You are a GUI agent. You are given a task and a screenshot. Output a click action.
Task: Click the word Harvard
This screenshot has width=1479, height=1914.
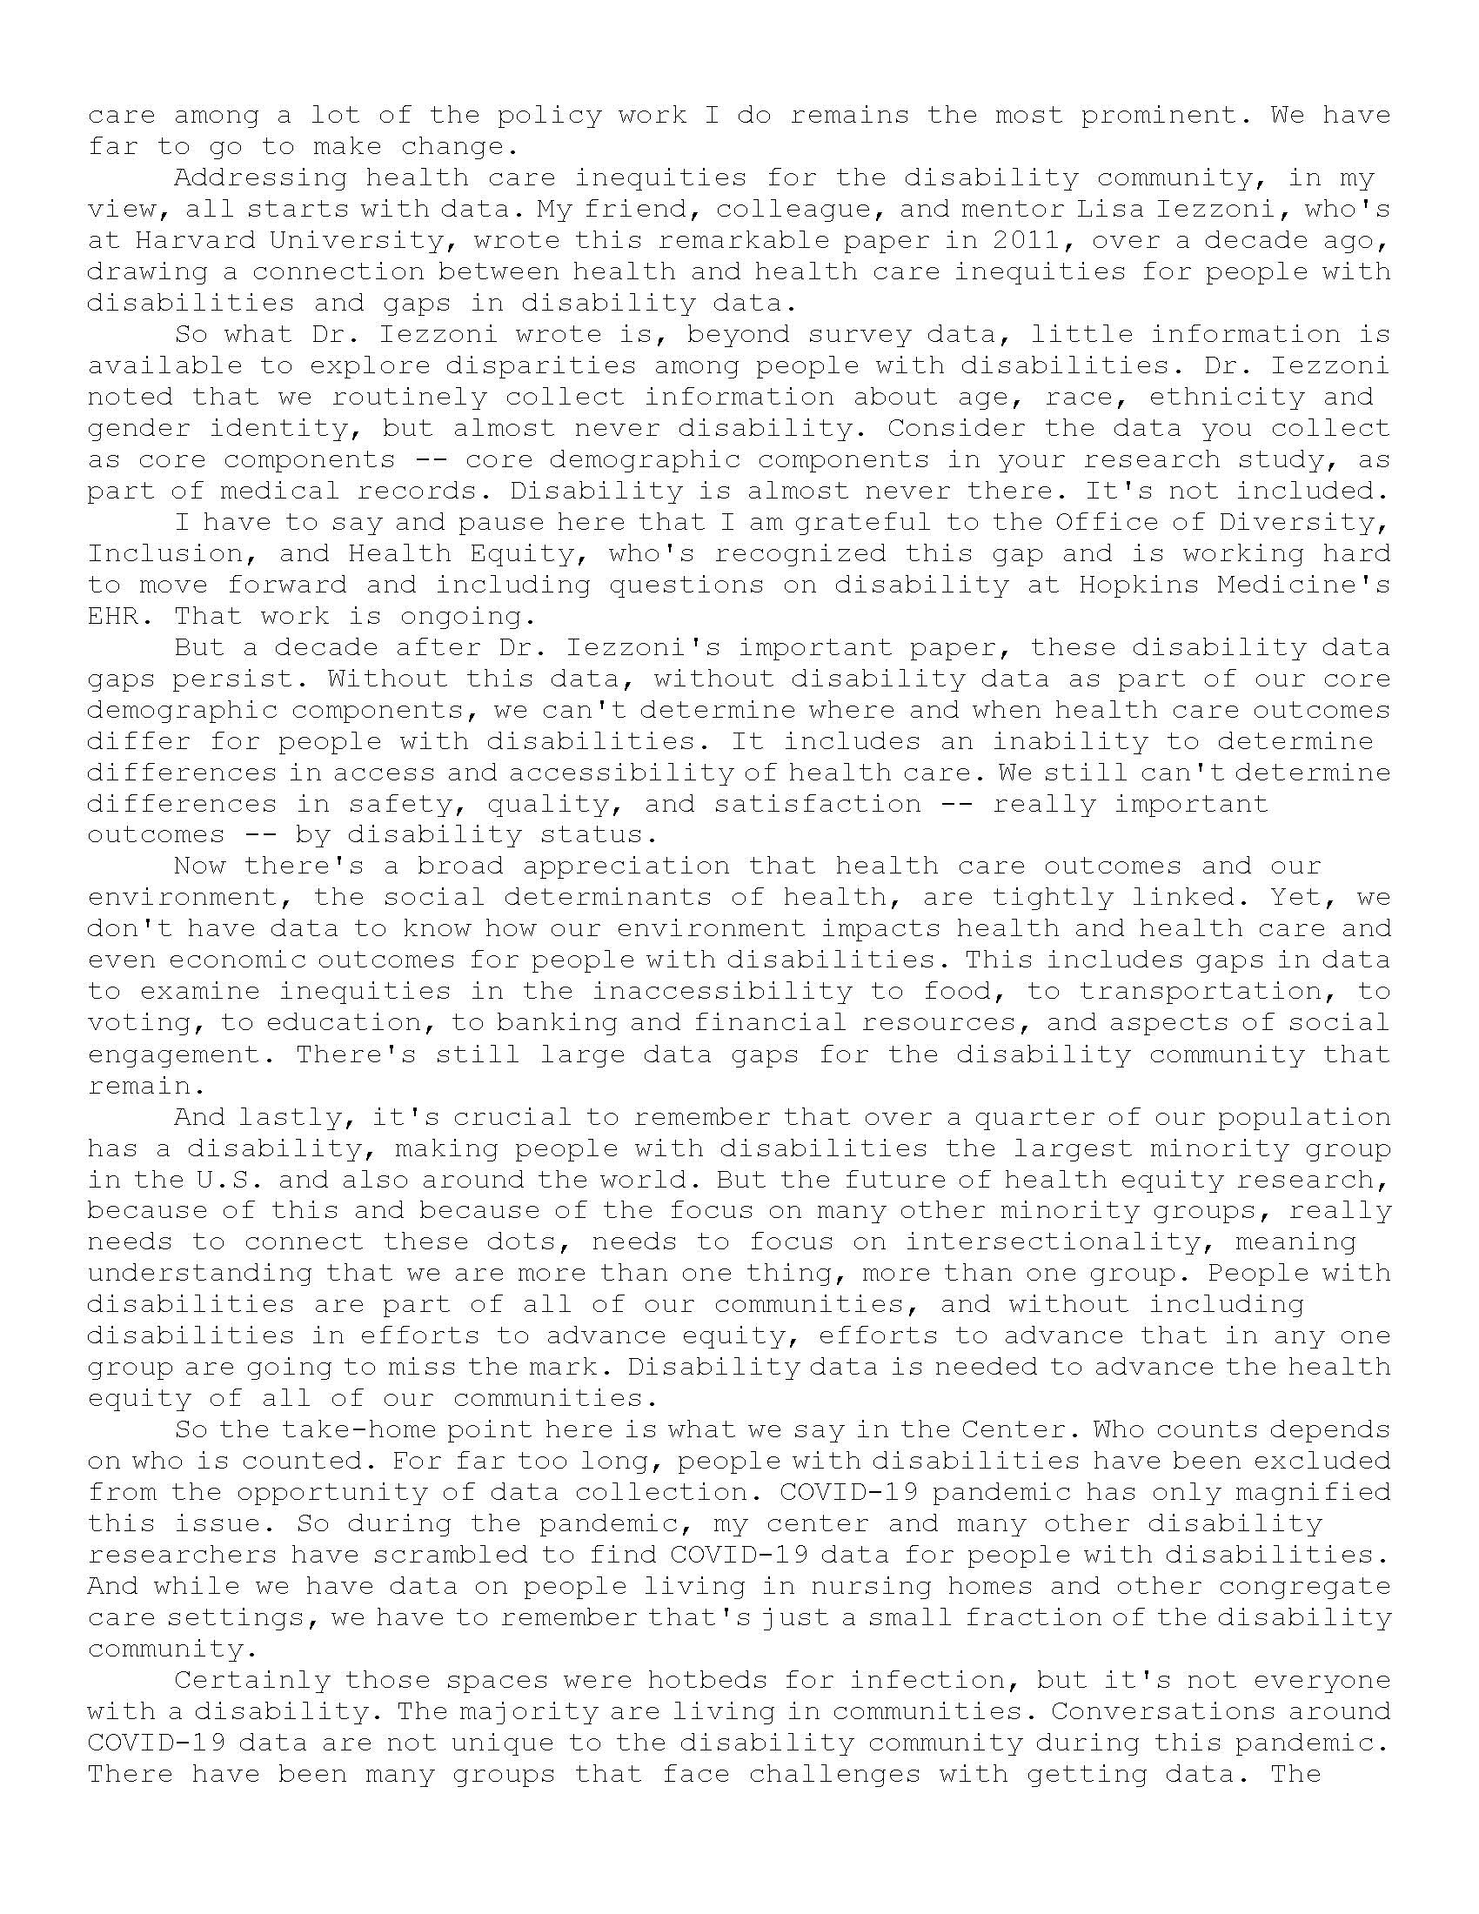[x=189, y=240]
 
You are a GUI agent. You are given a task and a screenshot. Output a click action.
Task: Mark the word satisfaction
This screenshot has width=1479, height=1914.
[x=818, y=804]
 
